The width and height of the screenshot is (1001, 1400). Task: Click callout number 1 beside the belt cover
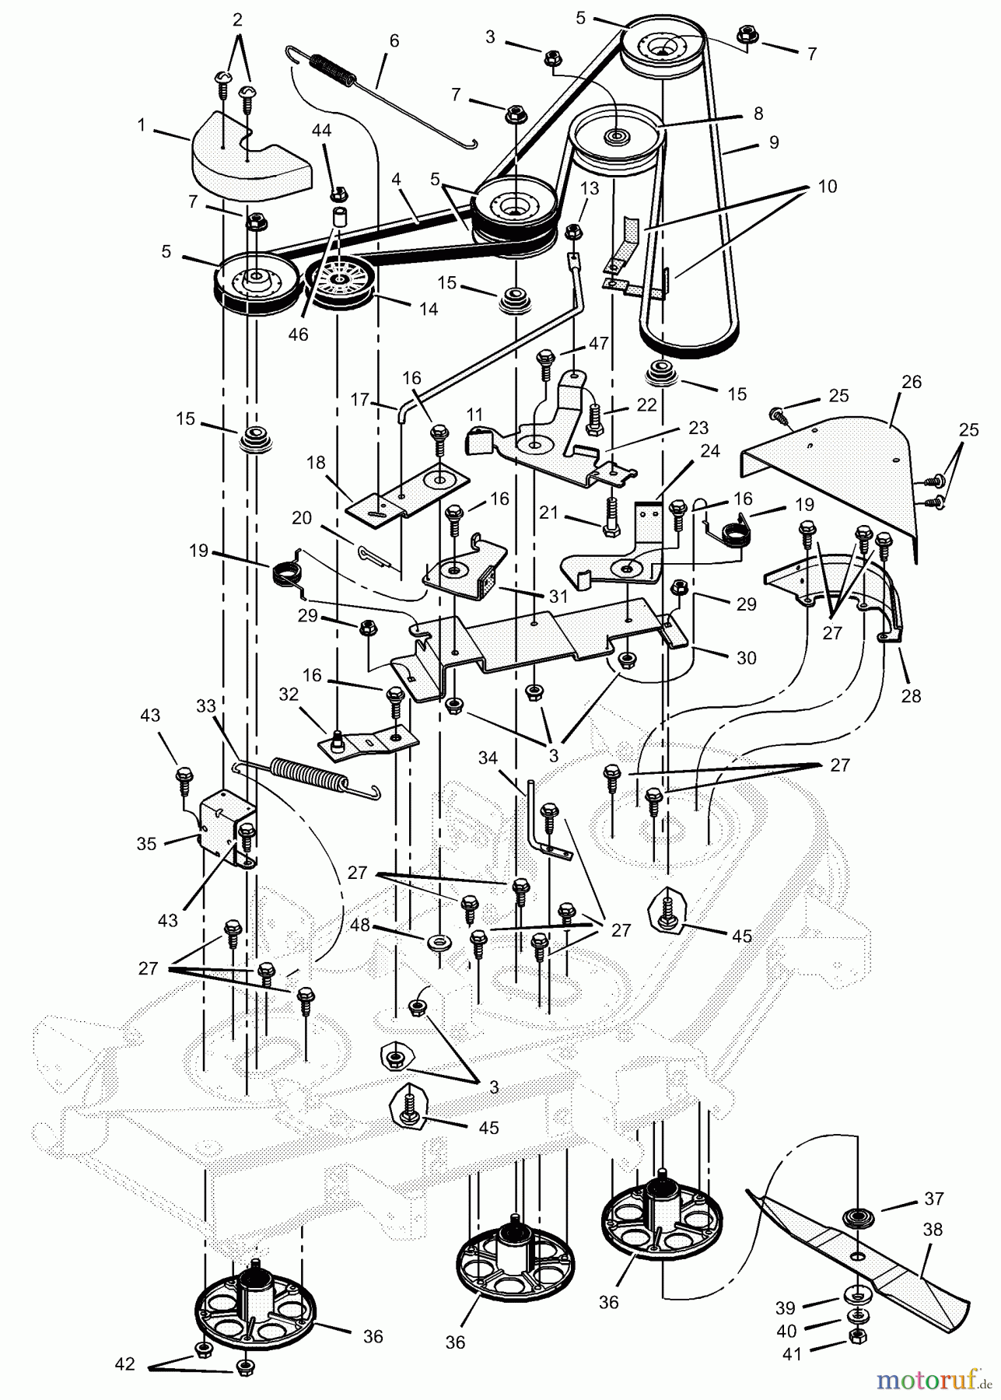142,125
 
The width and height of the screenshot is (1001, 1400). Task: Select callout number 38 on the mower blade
932,1230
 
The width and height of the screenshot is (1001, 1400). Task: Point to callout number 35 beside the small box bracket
147,843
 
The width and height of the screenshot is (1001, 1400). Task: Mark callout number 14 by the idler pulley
427,309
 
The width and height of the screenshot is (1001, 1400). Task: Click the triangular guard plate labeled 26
840,474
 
